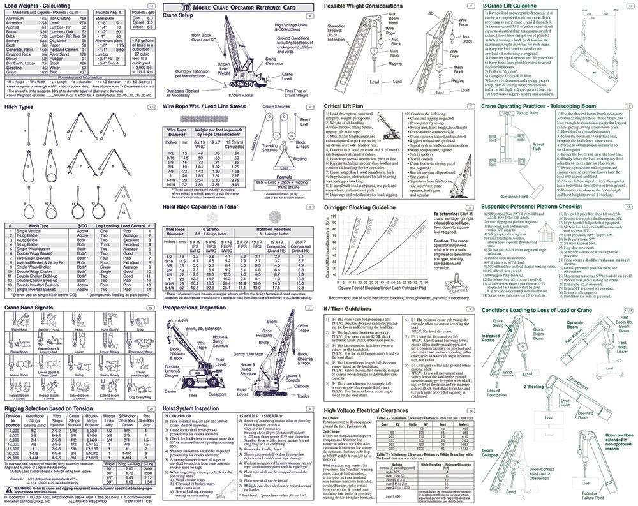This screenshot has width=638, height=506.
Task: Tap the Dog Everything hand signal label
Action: (139, 397)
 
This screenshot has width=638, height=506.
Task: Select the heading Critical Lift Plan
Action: (348, 107)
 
